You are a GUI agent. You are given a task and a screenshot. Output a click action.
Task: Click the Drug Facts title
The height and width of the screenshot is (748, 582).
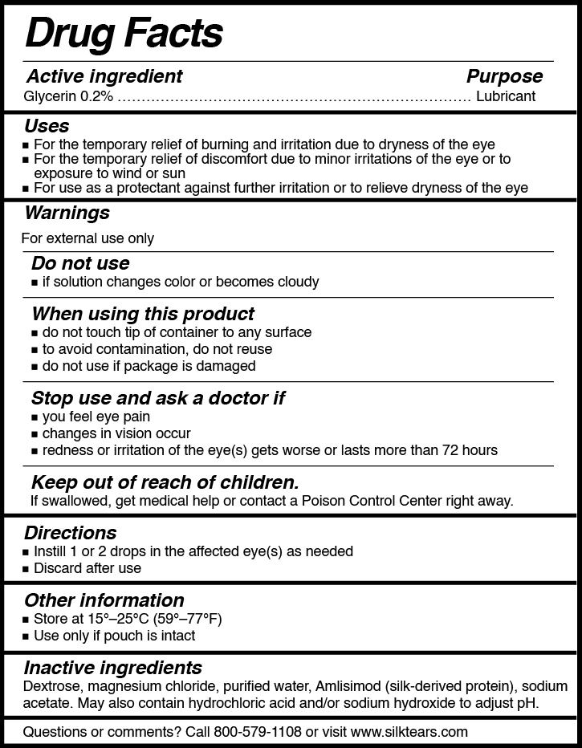point(124,33)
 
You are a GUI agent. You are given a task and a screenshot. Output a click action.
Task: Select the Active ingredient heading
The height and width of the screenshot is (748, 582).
point(104,76)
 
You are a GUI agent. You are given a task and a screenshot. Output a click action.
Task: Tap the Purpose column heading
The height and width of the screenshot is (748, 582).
point(504,76)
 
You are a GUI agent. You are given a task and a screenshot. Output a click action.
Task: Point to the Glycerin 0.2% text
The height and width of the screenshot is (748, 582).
point(69,96)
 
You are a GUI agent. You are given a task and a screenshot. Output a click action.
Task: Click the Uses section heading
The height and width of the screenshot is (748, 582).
point(47,126)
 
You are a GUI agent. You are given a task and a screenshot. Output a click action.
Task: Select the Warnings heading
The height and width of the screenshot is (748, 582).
point(67,213)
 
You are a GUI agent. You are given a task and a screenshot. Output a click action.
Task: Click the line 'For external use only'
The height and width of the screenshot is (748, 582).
point(88,238)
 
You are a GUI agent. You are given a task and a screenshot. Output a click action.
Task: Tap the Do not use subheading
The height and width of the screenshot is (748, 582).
point(80,263)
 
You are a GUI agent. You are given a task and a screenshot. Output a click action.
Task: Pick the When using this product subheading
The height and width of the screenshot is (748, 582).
point(143,313)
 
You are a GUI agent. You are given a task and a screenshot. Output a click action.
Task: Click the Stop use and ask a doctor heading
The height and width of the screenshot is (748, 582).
point(158,398)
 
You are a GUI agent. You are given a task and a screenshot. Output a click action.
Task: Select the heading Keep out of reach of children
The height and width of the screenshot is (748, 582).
point(165,482)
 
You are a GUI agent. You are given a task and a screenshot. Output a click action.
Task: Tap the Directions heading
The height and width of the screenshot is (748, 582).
point(70,533)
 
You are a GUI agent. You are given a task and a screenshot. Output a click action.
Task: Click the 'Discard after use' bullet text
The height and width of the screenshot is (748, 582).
point(88,568)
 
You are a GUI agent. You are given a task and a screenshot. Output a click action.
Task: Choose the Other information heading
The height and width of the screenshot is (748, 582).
point(104,600)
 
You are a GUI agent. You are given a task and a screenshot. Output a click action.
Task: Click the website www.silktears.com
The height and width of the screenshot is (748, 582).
point(409,732)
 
